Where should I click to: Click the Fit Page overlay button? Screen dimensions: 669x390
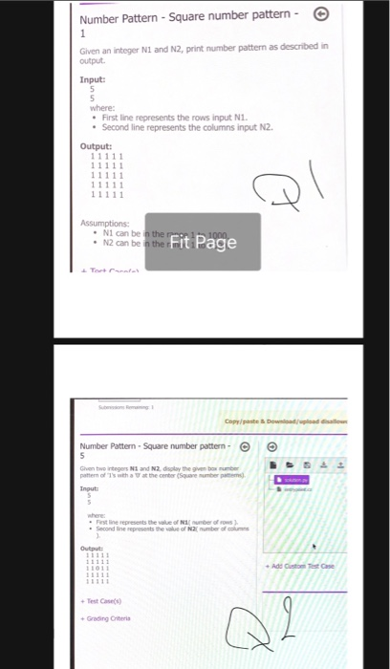[203, 242]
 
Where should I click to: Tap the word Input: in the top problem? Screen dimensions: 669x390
[93, 80]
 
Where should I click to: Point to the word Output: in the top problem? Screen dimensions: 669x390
[96, 145]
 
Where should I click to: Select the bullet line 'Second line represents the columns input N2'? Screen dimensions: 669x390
[167, 126]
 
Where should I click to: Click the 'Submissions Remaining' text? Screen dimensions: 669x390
[135, 405]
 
